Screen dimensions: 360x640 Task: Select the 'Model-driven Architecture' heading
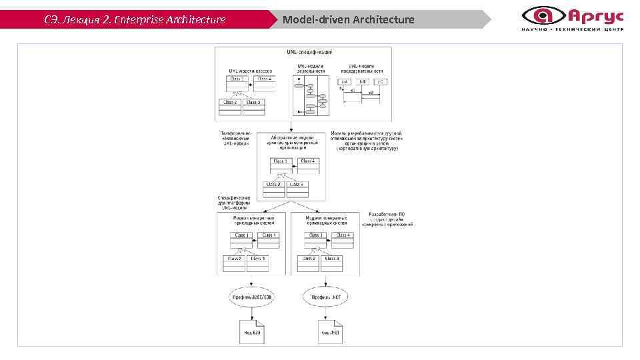point(348,19)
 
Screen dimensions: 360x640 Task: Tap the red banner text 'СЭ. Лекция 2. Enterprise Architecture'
point(135,19)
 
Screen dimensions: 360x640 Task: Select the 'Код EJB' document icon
point(249,331)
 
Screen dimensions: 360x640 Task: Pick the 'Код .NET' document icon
point(329,331)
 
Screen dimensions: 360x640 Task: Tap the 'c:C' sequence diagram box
point(379,81)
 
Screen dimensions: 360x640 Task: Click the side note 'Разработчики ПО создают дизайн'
point(391,219)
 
